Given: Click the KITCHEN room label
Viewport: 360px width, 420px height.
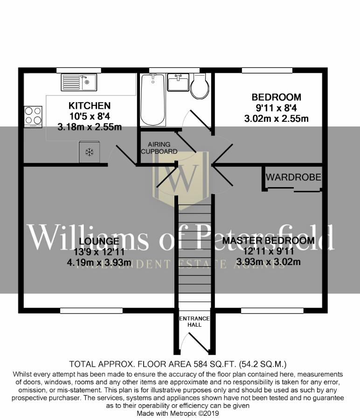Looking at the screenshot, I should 90,106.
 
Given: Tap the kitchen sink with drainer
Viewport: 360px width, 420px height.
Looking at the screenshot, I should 78,83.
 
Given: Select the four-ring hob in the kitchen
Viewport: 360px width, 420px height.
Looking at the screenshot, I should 33,116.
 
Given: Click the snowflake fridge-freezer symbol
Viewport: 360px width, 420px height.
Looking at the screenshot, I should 89,152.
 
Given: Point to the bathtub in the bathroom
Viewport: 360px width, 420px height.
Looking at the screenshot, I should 152,99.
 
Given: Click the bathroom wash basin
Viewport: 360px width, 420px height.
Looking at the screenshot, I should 177,83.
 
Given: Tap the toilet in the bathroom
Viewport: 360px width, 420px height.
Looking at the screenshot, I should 200,86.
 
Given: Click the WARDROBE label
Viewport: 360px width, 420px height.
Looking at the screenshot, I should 293,177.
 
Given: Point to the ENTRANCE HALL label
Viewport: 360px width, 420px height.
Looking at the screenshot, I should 195,322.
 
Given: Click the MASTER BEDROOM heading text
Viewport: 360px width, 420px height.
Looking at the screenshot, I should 268,241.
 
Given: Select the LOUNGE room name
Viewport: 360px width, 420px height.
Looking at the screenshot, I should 99,241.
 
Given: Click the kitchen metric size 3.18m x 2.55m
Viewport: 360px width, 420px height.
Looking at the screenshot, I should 90,126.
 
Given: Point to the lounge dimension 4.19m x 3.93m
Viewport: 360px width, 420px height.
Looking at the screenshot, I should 99,262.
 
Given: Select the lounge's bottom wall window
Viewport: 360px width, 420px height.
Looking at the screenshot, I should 91,310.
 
